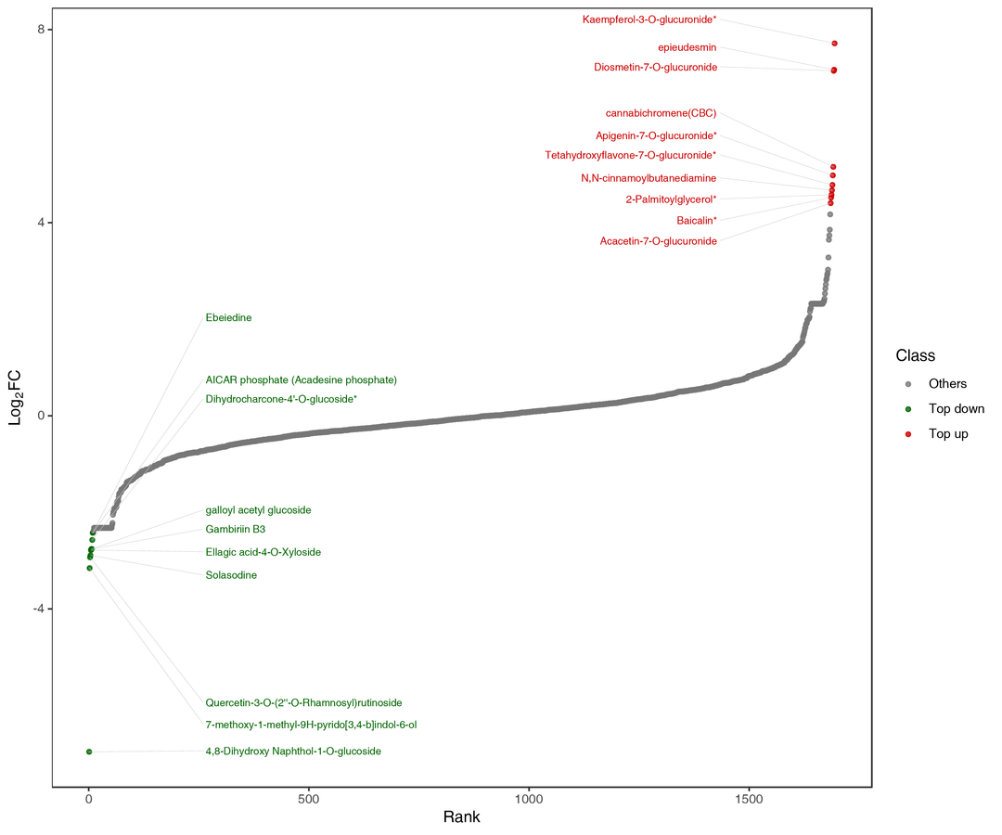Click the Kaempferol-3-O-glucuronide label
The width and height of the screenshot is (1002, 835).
pos(649,19)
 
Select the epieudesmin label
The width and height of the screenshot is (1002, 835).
pos(687,47)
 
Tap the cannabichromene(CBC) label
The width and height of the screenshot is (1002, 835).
pos(661,113)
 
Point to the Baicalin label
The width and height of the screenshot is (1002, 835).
pos(696,220)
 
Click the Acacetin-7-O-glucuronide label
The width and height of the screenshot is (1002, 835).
pos(658,241)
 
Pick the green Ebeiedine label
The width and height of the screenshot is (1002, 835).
pos(228,317)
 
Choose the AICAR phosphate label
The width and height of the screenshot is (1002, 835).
pos(301,379)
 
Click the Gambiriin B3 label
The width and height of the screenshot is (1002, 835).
pos(236,530)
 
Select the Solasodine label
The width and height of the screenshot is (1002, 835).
pos(231,575)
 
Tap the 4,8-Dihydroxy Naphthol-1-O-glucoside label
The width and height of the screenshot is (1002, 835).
pos(293,751)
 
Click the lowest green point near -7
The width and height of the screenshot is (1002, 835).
pos(89,751)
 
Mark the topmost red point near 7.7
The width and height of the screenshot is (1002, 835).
pos(835,44)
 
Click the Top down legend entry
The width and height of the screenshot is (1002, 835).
pos(956,408)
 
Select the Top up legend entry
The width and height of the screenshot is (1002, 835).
pos(948,433)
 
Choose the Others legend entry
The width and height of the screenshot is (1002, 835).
pos(947,383)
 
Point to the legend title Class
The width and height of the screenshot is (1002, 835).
pos(915,355)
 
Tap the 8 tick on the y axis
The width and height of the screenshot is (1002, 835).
pos(39,30)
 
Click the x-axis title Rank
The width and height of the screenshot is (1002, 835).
pos(461,817)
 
